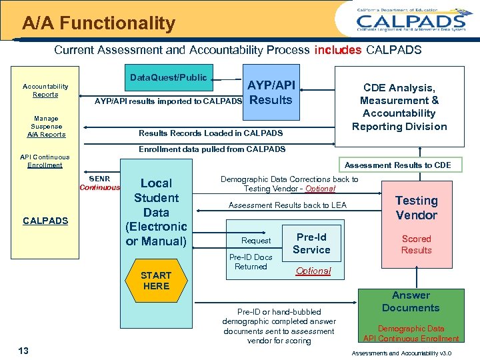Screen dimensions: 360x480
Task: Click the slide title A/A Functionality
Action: point(98,24)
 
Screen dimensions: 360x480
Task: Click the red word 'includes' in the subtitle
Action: point(338,50)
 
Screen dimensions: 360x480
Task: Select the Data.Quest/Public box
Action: point(168,78)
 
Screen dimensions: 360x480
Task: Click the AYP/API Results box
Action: point(271,93)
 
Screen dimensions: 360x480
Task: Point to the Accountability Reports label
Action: point(45,91)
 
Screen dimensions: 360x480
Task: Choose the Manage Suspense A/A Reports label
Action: point(46,127)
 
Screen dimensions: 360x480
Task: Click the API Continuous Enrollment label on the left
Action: point(45,161)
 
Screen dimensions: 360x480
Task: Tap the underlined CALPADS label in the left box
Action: point(45,221)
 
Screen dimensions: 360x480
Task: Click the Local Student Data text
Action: point(156,211)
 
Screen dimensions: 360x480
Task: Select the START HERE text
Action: point(156,281)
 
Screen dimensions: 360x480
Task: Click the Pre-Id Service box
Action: point(311,243)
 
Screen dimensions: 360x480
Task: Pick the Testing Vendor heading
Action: point(416,208)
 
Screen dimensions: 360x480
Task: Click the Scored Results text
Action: point(416,245)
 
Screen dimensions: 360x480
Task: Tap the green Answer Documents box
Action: point(411,302)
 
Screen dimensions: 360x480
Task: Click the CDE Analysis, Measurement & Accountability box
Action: point(399,107)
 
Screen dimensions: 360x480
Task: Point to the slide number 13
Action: point(23,351)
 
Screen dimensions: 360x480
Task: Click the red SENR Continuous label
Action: point(99,183)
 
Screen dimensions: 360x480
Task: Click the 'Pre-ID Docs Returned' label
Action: point(251,262)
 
